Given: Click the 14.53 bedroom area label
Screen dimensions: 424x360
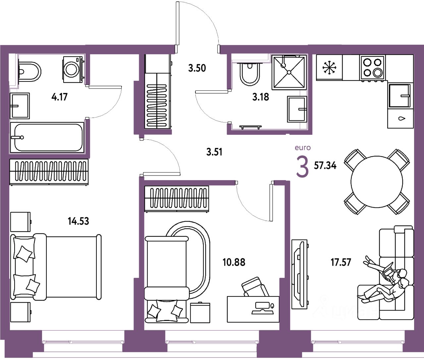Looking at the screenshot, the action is click(78, 221).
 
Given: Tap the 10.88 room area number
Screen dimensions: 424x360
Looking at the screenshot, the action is click(234, 262).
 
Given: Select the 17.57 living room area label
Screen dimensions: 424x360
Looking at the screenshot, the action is click(341, 262).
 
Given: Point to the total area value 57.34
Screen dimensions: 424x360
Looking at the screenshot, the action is click(325, 165).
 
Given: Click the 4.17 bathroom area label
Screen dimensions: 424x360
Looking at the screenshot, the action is click(60, 97).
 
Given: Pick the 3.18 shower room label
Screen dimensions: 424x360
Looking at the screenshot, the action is click(260, 97).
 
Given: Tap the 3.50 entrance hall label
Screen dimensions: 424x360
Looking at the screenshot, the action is click(197, 68).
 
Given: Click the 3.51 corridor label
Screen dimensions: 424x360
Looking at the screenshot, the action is click(214, 152).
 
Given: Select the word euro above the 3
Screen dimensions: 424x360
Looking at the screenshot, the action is click(303, 148).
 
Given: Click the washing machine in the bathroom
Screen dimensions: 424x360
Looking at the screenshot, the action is click(72, 69).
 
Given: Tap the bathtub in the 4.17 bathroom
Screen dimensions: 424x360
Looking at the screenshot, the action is click(47, 137).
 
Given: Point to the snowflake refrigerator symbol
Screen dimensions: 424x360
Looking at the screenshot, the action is click(329, 68).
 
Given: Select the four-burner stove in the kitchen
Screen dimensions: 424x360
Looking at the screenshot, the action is click(373, 67).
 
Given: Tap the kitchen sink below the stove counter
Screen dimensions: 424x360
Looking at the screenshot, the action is click(400, 96).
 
